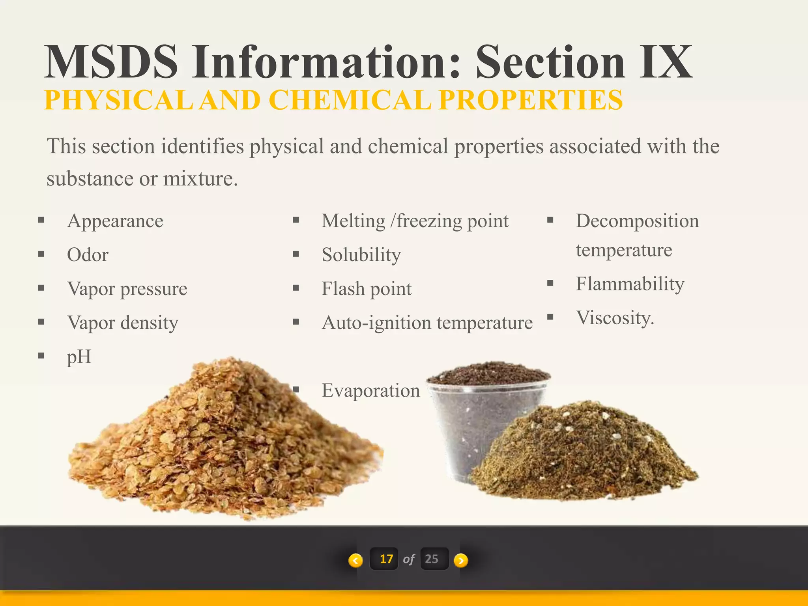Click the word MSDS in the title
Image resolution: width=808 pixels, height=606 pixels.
[x=111, y=62]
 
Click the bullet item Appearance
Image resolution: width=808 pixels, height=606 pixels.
[x=115, y=221]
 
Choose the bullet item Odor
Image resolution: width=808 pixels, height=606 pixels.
[x=88, y=255]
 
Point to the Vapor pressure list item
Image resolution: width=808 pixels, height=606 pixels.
[x=127, y=289]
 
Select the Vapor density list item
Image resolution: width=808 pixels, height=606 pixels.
[x=123, y=323]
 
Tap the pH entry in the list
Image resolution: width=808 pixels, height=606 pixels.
[x=79, y=357]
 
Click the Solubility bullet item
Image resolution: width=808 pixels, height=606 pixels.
[x=361, y=255]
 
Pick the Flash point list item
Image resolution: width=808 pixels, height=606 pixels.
[x=367, y=289]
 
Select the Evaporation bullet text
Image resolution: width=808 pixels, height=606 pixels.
[x=371, y=391]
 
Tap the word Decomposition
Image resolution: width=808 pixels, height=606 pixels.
[x=637, y=221]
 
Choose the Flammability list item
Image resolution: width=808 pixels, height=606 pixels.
[x=630, y=284]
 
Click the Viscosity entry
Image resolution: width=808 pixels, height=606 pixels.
[x=615, y=318]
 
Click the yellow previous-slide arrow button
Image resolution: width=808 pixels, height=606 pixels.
[x=355, y=560]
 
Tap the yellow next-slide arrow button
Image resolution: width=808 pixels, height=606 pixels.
[x=461, y=560]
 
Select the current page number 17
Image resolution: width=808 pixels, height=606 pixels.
[x=386, y=559]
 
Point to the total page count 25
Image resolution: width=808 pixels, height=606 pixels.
[x=432, y=559]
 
